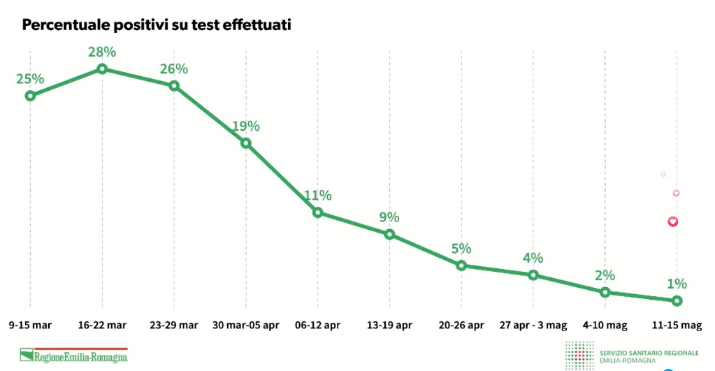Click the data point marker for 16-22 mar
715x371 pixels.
[102, 69]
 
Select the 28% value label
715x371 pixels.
[102, 52]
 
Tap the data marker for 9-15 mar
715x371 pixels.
[30, 96]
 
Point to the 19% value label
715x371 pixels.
[246, 126]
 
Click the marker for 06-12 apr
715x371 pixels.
[318, 212]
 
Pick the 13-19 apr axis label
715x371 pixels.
[389, 326]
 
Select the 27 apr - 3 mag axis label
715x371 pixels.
[533, 326]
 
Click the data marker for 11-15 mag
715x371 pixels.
[677, 301]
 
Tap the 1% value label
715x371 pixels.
[677, 284]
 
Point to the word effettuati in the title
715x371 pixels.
[257, 24]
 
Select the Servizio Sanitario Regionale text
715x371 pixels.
[649, 353]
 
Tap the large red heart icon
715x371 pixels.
[672, 222]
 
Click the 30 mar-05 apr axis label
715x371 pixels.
[246, 326]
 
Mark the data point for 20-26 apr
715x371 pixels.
[461, 265]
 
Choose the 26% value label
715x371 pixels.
[174, 69]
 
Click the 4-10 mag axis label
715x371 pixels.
[605, 326]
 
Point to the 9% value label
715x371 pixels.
[389, 217]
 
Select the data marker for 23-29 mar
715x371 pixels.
[174, 86]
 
